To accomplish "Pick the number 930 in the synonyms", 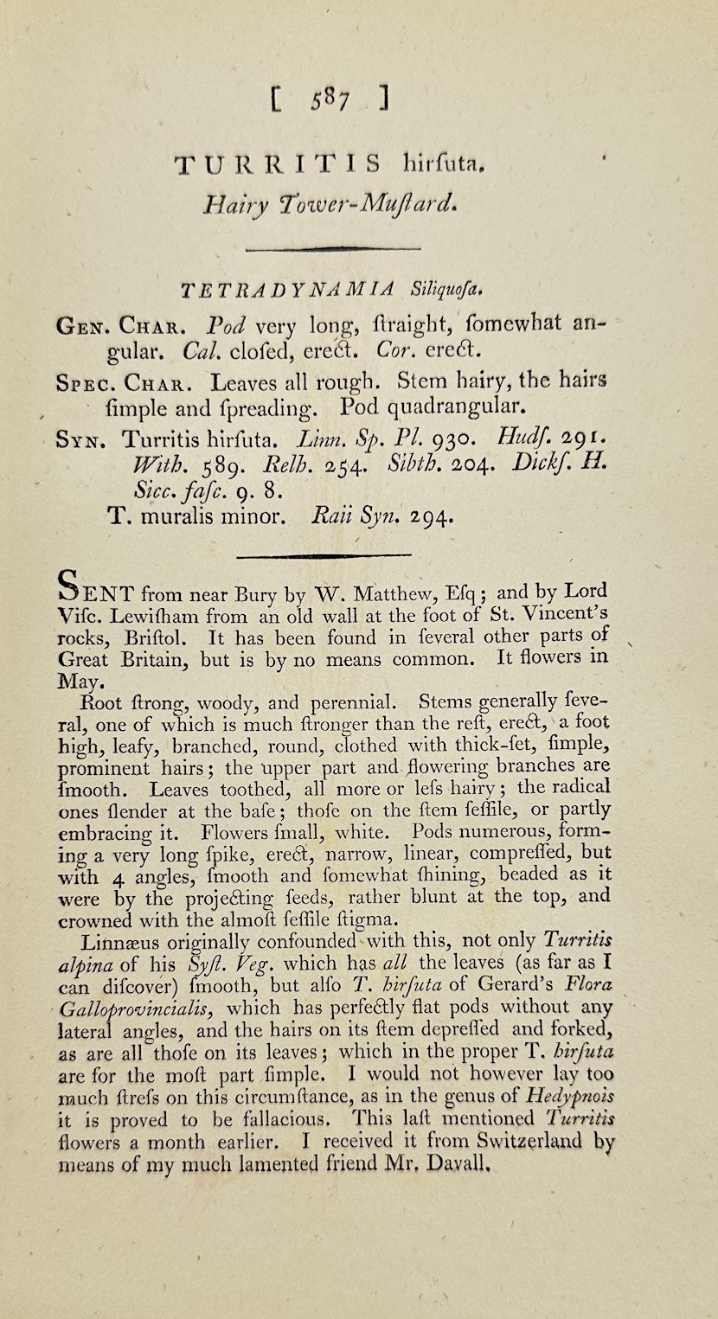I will (436, 438).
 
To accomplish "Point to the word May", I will (80, 681).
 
